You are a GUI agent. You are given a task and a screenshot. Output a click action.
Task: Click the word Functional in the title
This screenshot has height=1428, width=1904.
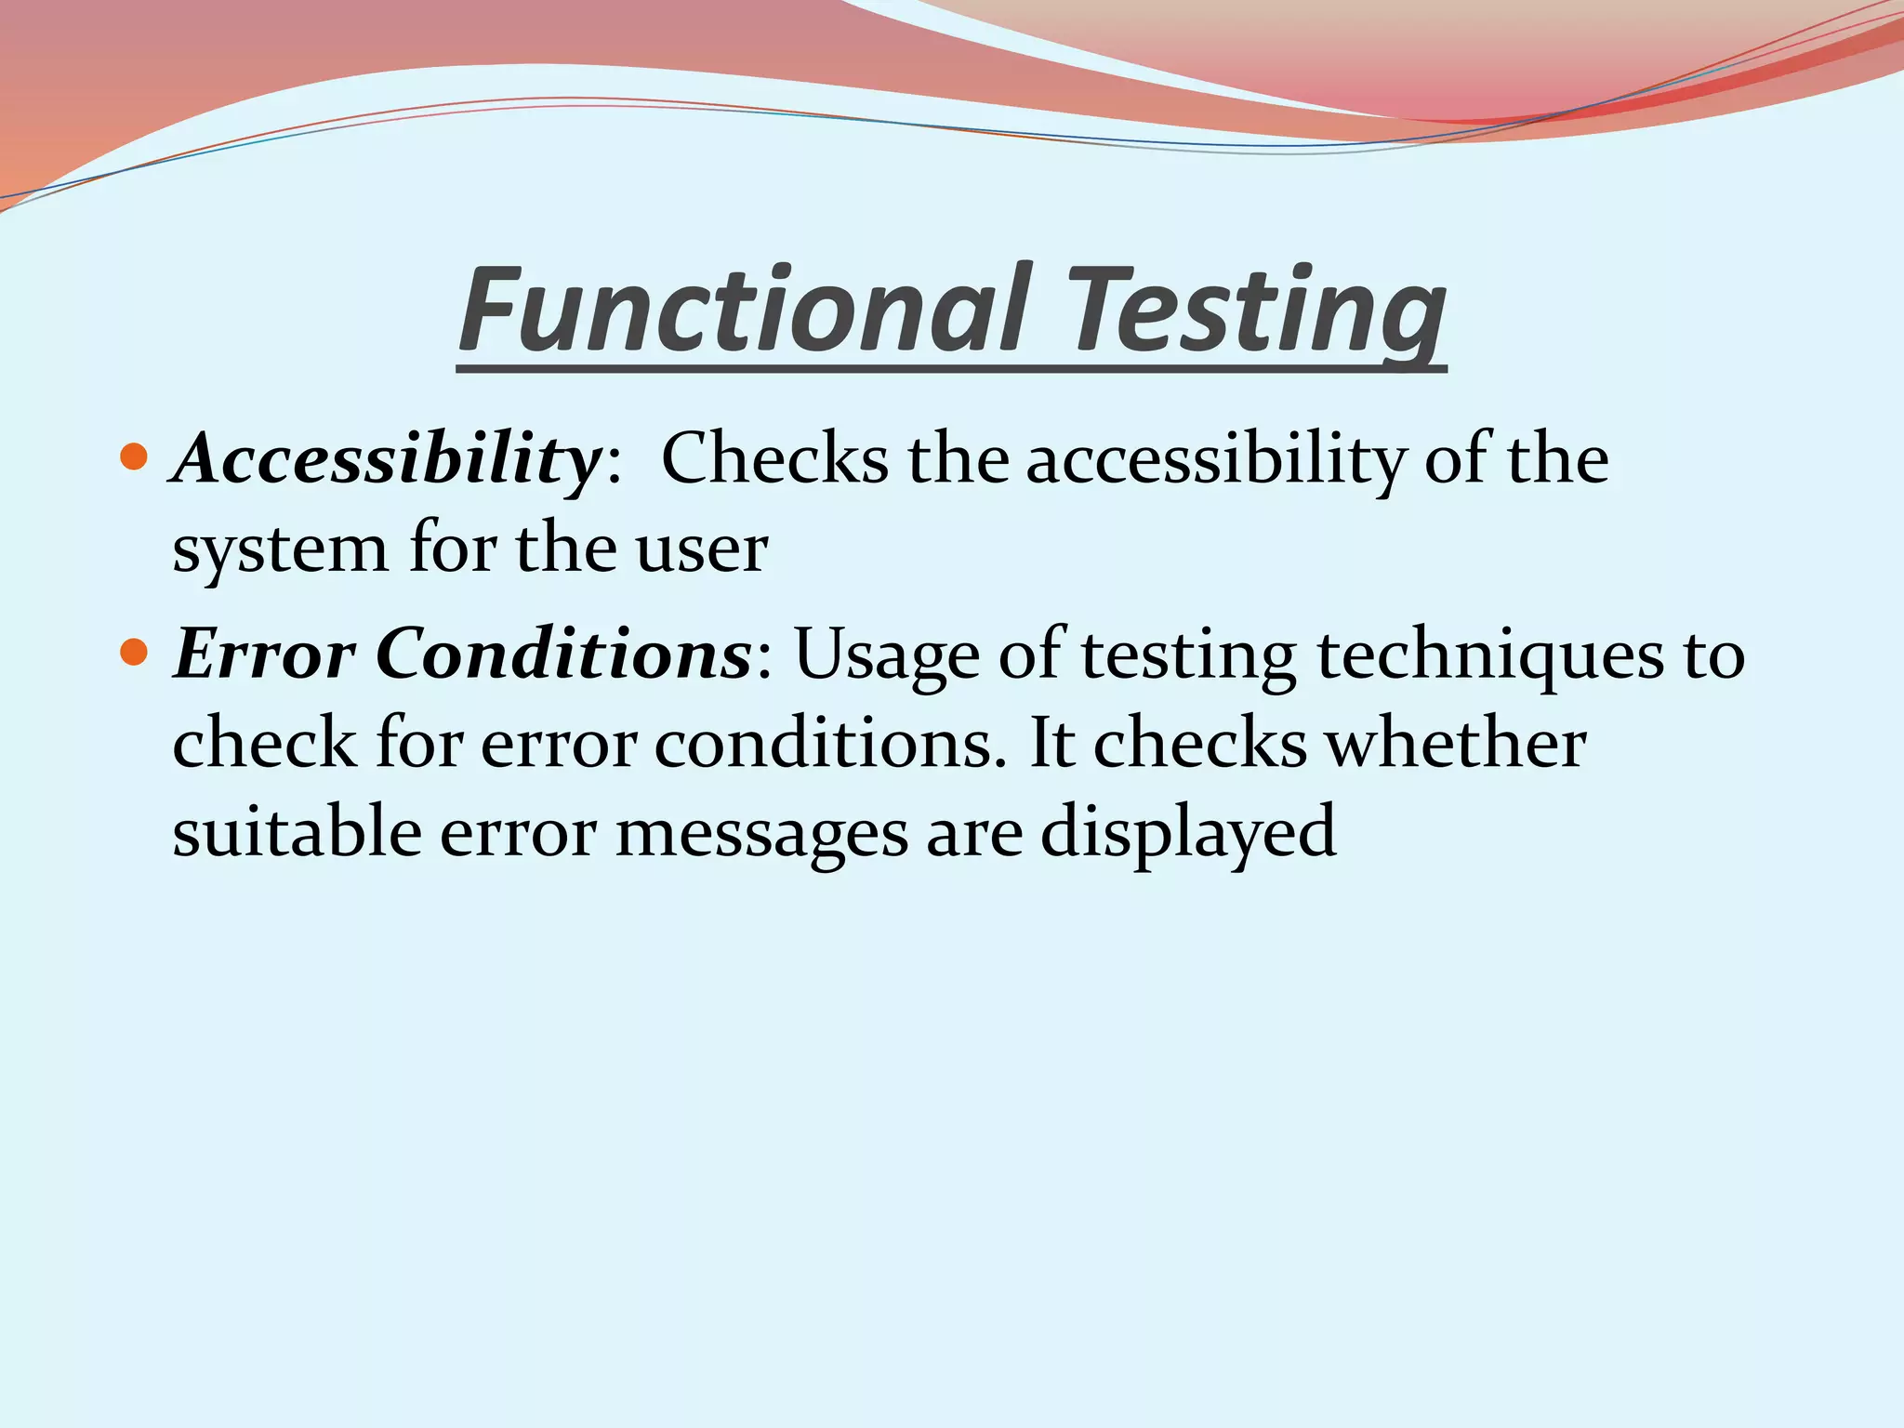(x=744, y=311)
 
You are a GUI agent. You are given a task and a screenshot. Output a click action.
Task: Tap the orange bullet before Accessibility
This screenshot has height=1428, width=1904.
(x=135, y=457)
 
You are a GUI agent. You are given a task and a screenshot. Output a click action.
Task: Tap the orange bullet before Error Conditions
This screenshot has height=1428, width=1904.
(x=135, y=653)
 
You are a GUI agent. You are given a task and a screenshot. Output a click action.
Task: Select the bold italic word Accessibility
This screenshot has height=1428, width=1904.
(x=387, y=459)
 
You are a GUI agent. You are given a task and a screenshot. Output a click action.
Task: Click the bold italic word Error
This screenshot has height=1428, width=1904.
(x=264, y=654)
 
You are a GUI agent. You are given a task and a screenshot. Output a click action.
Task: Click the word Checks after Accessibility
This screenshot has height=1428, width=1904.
(x=773, y=459)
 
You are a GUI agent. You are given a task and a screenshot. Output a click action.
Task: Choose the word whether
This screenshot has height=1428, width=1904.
(x=1455, y=744)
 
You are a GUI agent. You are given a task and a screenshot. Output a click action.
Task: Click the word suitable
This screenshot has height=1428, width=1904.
(x=296, y=832)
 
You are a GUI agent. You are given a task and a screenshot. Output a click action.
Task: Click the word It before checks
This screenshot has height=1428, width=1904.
(x=1051, y=744)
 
